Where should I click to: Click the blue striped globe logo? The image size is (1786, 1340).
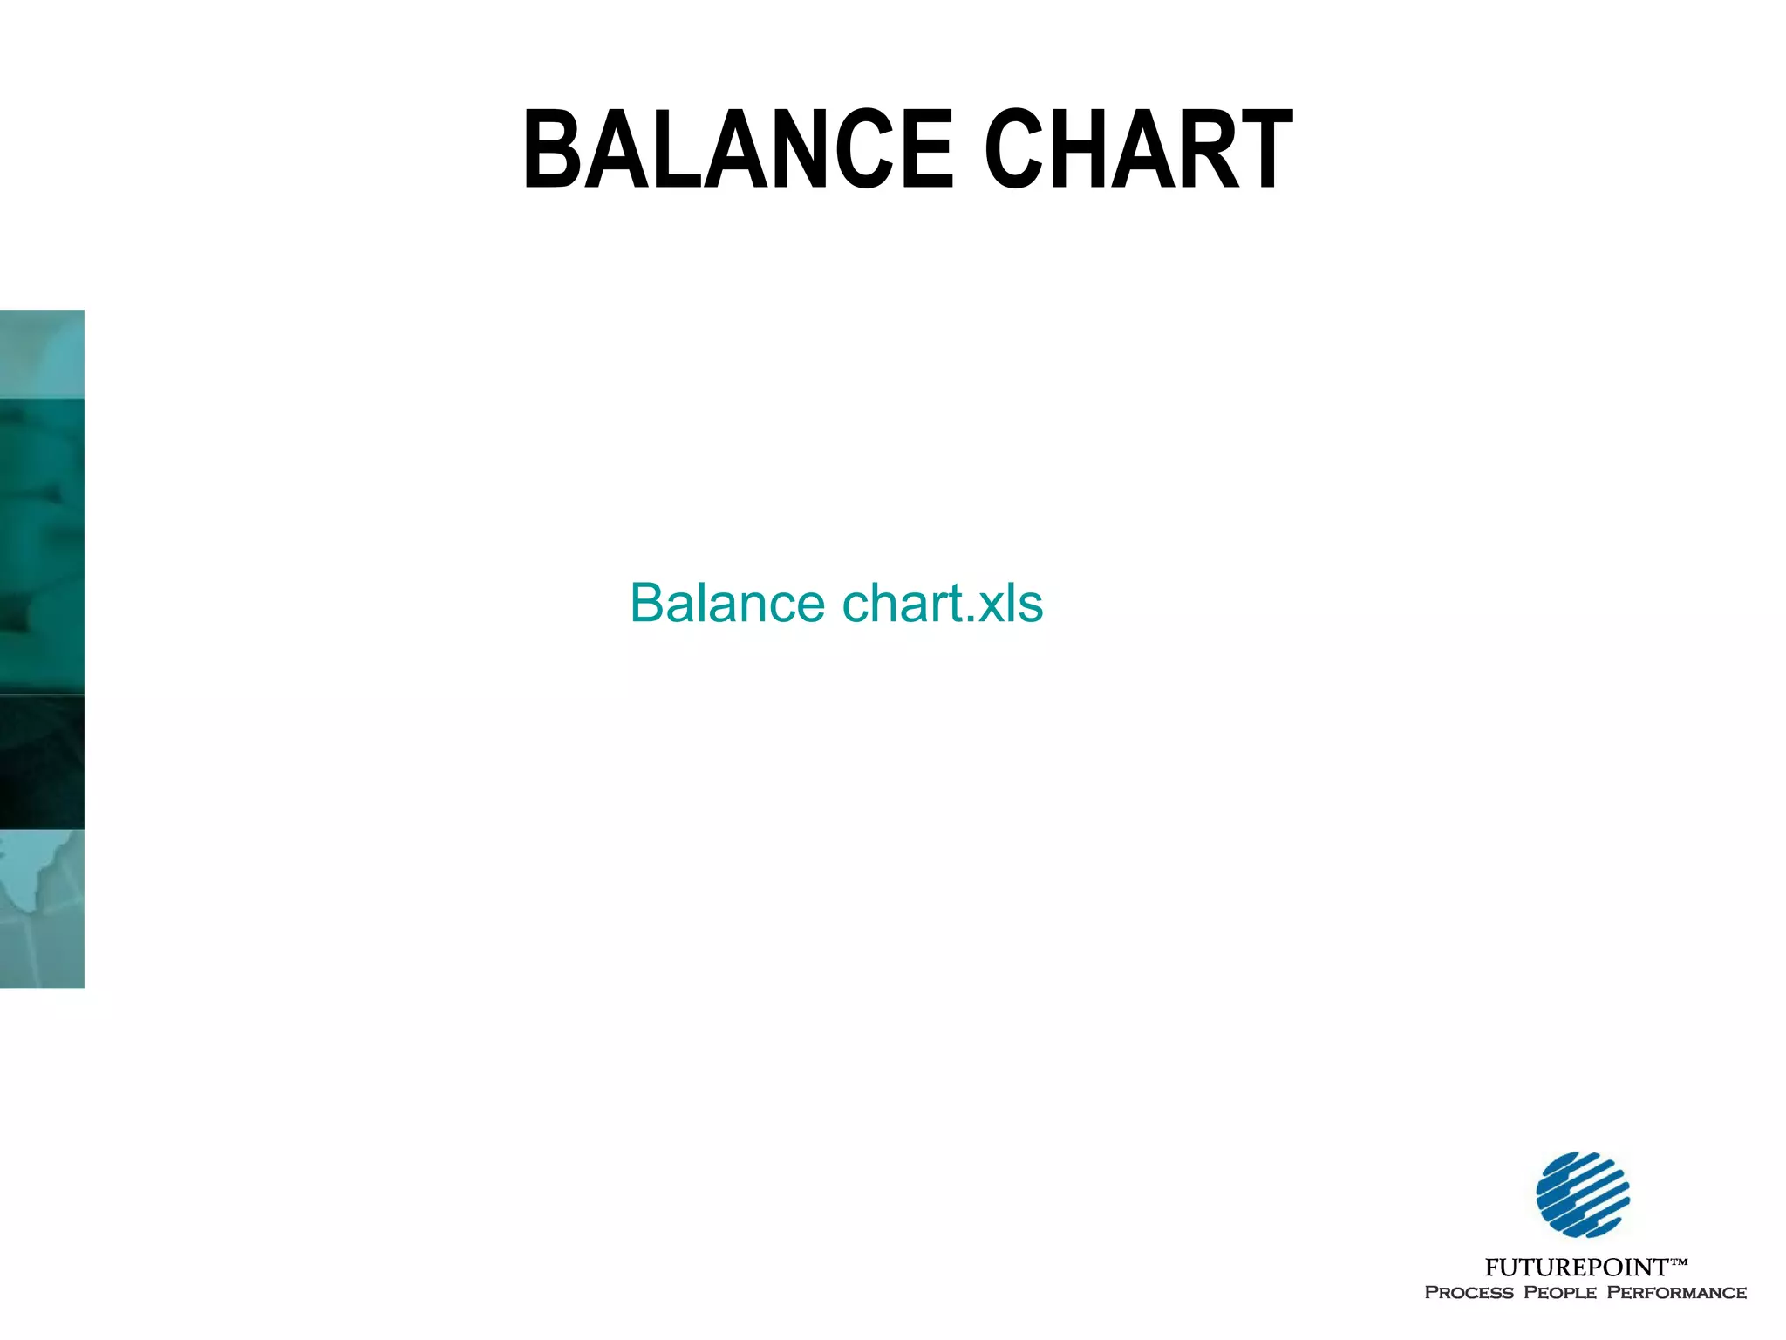(1582, 1194)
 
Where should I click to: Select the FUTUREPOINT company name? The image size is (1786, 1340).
(1576, 1268)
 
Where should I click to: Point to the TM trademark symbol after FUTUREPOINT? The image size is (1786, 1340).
(1679, 1261)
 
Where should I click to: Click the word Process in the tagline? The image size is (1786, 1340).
(1469, 1293)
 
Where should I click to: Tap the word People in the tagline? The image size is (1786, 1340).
(1560, 1293)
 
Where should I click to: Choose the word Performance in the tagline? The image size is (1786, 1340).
(1676, 1293)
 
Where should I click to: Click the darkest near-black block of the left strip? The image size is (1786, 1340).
(42, 762)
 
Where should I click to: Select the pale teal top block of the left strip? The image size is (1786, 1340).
(42, 354)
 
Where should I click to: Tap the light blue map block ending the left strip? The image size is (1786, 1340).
(42, 908)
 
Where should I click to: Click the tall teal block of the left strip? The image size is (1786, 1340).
(42, 546)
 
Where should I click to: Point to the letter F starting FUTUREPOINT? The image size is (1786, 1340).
(1492, 1268)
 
